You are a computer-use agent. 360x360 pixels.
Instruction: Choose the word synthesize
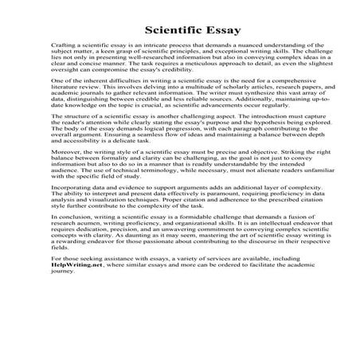pos(236,115)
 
